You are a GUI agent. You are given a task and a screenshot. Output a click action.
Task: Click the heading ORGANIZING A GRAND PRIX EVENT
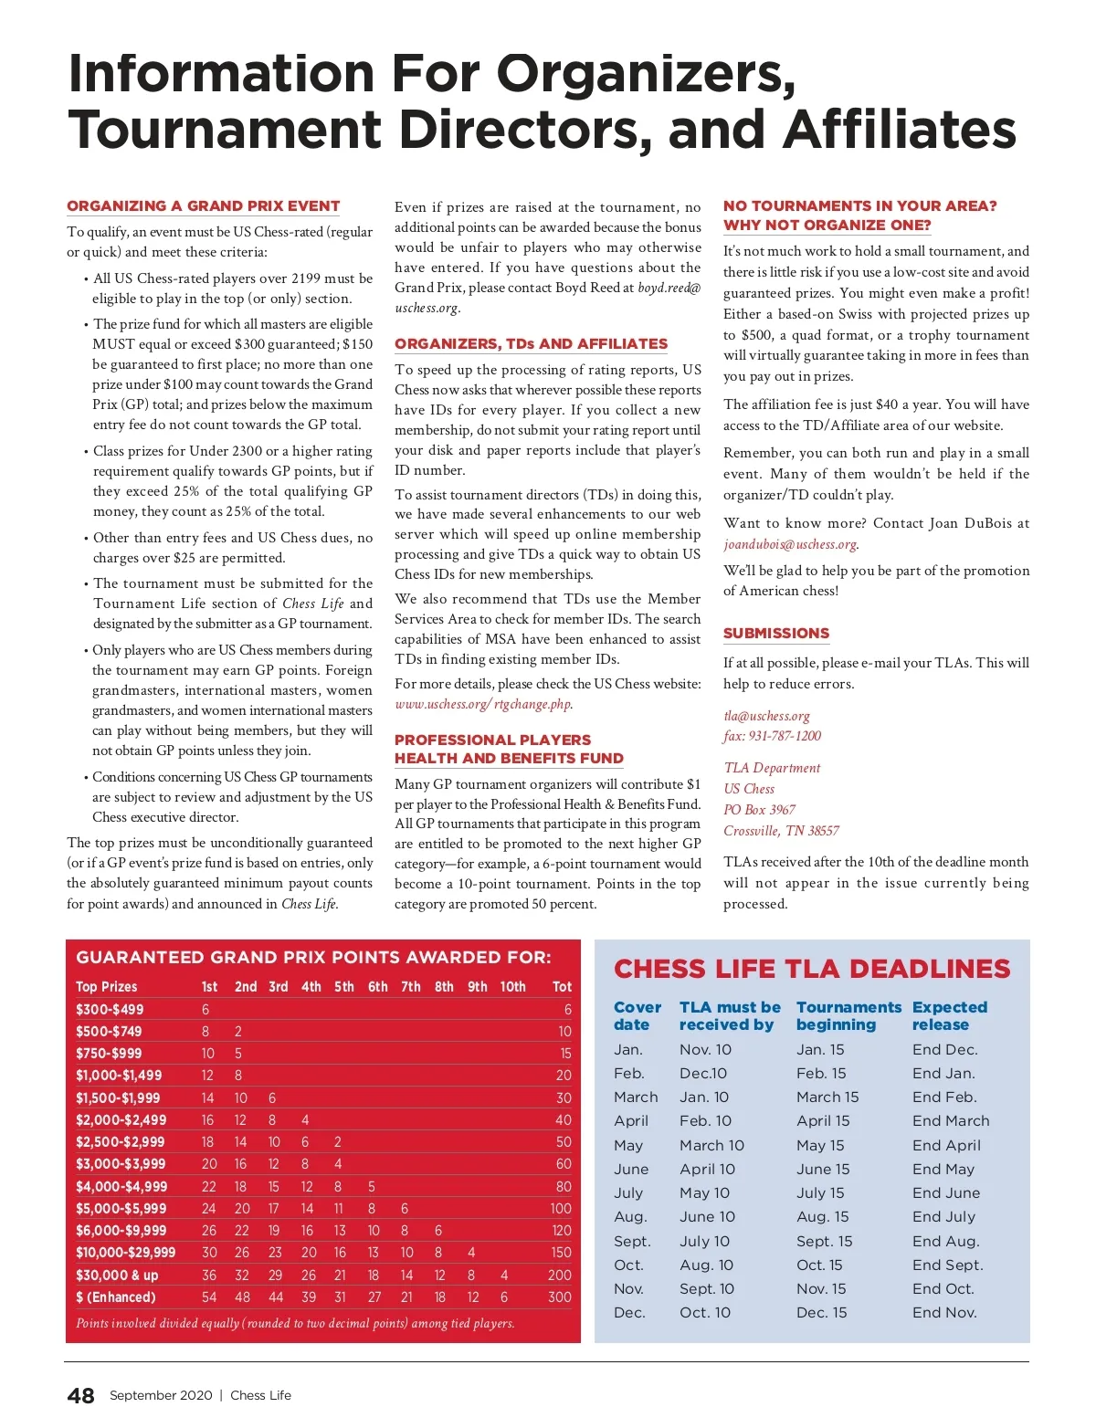[203, 206]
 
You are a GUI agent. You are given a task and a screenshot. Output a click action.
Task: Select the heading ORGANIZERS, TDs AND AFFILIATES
[531, 344]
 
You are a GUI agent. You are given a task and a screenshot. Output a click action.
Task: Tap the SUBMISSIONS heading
[776, 634]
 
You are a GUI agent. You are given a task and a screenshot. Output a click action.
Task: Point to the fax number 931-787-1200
[772, 736]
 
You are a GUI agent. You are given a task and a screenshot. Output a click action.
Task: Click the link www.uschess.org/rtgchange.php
[483, 704]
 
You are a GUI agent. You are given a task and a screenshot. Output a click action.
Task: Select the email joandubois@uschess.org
[790, 544]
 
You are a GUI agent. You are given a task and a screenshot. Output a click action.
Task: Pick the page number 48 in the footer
[80, 1395]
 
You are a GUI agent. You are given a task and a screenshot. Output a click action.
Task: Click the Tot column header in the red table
[562, 987]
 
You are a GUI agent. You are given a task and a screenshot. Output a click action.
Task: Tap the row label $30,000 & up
[117, 1276]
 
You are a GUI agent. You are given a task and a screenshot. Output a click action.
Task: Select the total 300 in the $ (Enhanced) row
[559, 1297]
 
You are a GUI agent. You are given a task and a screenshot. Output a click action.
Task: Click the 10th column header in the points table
[512, 987]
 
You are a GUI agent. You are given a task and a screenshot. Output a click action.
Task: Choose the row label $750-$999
[109, 1054]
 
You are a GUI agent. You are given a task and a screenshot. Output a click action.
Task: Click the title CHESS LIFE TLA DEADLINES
[812, 970]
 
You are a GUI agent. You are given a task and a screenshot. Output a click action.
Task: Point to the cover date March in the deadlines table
[636, 1097]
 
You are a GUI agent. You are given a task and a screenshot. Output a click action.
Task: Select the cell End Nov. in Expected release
[944, 1313]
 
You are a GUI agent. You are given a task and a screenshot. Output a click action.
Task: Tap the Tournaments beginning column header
[848, 1016]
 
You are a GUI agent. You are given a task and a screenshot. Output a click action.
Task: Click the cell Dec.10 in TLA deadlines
[703, 1074]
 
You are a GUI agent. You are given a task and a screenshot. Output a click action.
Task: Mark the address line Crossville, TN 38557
[781, 831]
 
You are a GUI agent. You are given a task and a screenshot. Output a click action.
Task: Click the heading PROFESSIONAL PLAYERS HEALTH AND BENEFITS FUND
[509, 750]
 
